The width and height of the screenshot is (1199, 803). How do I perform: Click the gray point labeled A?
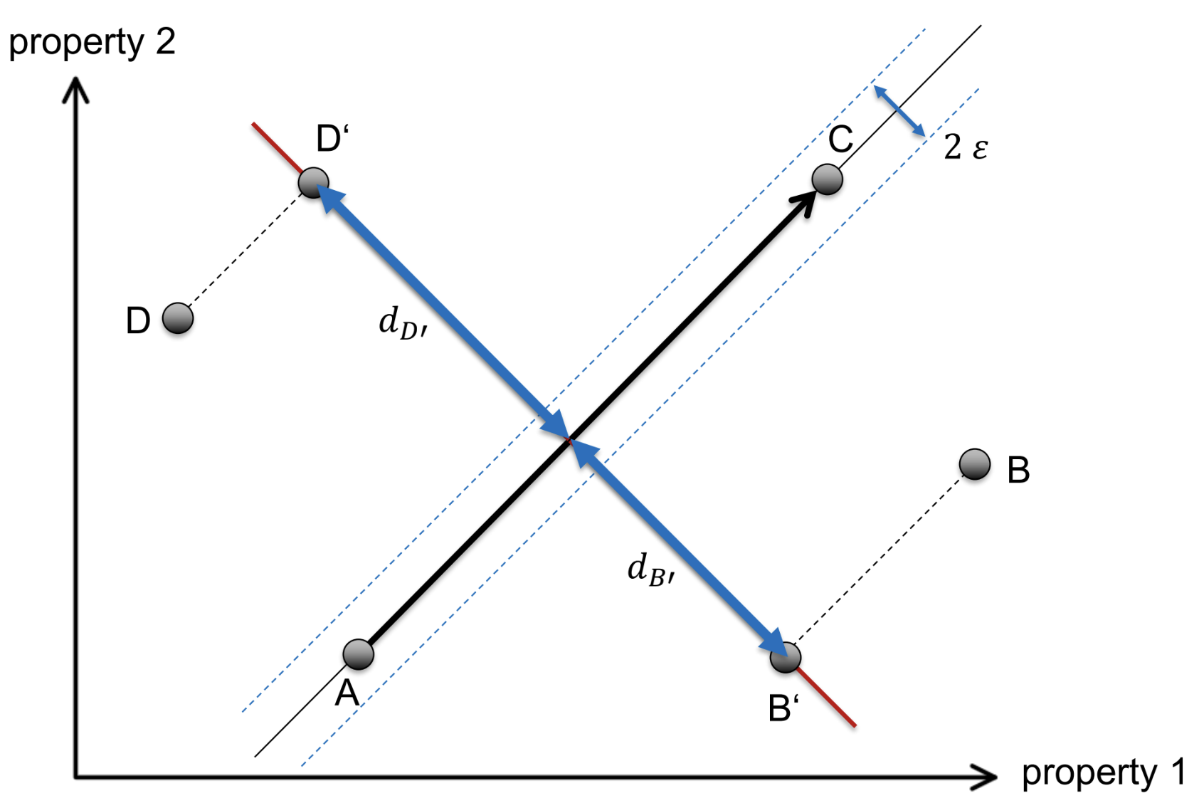pos(358,654)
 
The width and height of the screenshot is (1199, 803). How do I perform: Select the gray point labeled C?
pos(827,179)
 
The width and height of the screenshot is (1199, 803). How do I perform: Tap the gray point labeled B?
pos(974,464)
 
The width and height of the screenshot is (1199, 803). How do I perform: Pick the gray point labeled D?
pos(177,318)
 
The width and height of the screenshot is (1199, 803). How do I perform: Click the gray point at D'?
pos(313,183)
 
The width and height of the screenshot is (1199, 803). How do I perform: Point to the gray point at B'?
pos(786,657)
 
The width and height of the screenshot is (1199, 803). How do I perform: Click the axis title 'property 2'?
pos(92,42)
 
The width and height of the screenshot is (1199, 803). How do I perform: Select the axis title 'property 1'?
pos(1103,773)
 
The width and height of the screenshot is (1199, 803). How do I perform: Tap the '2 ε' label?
pos(966,147)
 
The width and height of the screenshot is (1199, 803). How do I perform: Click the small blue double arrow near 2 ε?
pos(899,110)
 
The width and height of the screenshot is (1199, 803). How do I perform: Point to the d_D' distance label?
pos(402,323)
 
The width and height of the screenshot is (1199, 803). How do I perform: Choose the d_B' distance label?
pos(650,571)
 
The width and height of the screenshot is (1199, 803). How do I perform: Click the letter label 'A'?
pos(347,693)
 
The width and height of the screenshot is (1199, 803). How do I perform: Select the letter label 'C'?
pos(840,139)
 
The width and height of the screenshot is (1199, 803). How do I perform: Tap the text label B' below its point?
pos(783,708)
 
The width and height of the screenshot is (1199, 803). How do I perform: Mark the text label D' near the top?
pos(332,139)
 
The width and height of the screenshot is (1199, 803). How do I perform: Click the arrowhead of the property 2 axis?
pos(75,91)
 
